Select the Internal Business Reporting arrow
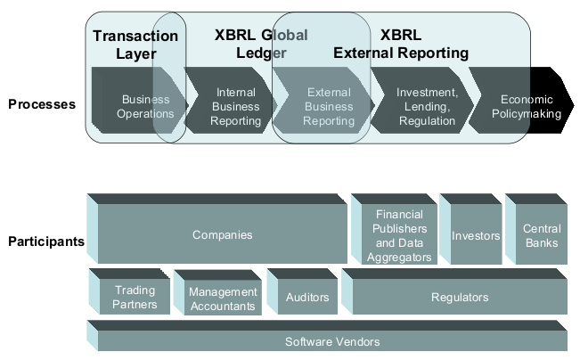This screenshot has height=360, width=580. click(235, 107)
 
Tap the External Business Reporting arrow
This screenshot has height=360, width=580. click(328, 107)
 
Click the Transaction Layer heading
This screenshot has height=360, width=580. click(135, 45)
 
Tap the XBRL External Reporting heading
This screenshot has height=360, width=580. click(401, 45)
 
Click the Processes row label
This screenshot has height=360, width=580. click(42, 105)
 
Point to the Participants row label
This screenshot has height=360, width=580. click(45, 241)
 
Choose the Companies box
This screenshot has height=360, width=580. click(222, 235)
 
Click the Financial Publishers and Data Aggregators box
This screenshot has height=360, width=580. click(399, 236)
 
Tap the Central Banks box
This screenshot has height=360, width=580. click(541, 236)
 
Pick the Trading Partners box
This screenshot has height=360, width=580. click(134, 297)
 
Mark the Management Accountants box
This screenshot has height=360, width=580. click(222, 299)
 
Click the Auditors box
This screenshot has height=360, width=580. click(306, 297)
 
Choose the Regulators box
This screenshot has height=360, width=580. click(459, 297)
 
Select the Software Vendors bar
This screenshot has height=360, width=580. click(331, 341)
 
